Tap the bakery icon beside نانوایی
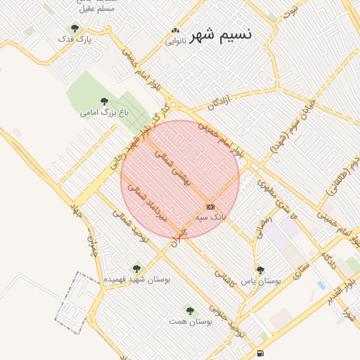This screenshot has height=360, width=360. (174, 31)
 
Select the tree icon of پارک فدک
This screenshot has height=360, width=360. (75, 29)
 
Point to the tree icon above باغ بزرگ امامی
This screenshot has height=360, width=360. (105, 101)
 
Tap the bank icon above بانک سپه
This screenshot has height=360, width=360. (210, 207)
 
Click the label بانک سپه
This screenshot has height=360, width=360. (210, 217)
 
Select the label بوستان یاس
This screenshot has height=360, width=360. (261, 280)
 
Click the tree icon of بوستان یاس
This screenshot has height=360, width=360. (261, 269)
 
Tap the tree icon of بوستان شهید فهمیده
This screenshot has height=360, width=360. (136, 268)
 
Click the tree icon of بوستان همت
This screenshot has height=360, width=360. (190, 309)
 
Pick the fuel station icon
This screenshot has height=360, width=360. (261, 352)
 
